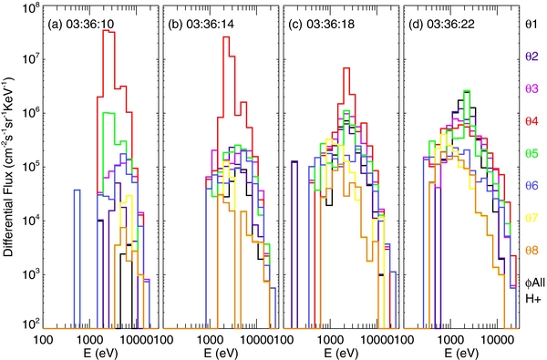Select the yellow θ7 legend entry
(x=528, y=218)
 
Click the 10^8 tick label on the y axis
(x=29, y=10)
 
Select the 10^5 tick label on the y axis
(x=29, y=168)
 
